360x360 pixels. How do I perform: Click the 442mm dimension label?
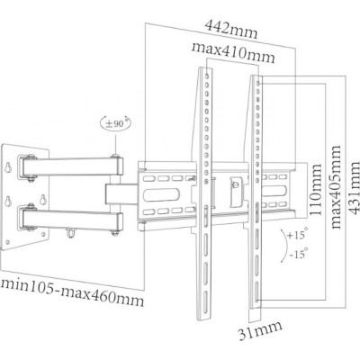point(231,30)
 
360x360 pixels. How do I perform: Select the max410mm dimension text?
point(233,52)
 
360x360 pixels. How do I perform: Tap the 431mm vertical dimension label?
point(354,187)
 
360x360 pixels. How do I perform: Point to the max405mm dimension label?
point(336,186)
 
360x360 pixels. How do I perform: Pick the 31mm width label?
point(260,330)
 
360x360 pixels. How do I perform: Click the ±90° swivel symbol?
point(115,123)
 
